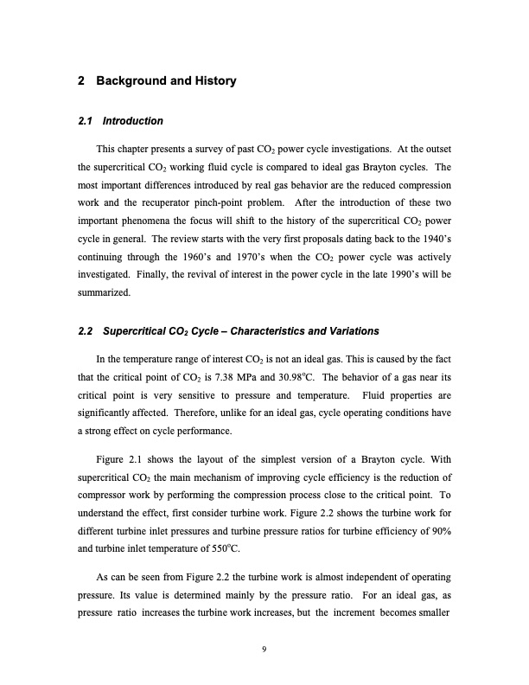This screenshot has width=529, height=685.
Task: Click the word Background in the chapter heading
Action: (130, 82)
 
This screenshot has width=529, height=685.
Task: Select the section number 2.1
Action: (86, 120)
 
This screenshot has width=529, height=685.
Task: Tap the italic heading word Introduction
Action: (132, 120)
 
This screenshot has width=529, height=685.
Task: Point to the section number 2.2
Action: (86, 332)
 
